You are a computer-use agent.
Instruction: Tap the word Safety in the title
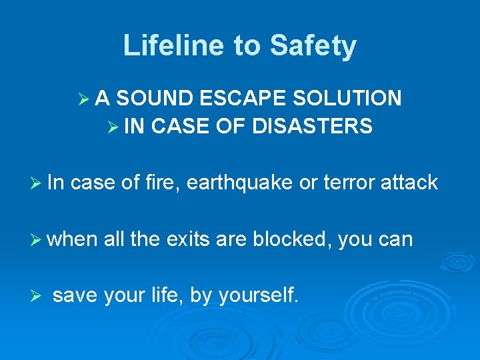pyautogui.click(x=313, y=46)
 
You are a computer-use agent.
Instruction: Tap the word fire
pyautogui.click(x=163, y=182)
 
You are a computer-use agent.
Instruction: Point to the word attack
pyautogui.click(x=409, y=182)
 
